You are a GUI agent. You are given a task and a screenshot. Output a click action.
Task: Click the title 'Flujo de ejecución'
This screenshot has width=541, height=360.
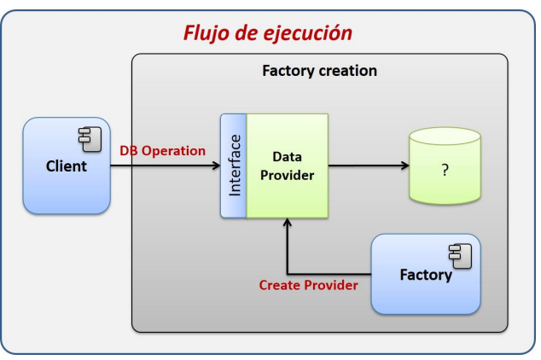268,33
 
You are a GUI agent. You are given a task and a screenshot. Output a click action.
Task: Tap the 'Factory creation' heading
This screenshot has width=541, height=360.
319,71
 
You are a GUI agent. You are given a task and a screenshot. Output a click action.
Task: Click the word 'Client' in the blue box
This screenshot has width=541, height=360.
67,166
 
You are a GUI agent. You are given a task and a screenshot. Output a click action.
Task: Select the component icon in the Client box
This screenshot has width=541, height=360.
90,139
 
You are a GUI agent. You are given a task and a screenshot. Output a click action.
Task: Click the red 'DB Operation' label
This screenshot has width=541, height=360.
162,151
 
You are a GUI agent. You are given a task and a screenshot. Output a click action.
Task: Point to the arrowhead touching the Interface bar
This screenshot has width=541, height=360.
217,165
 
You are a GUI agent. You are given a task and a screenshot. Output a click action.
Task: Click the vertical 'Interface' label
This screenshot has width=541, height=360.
235,165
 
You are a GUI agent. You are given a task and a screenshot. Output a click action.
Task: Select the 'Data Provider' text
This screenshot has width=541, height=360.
287,165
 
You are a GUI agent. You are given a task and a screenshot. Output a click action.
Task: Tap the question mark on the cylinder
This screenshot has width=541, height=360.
445,170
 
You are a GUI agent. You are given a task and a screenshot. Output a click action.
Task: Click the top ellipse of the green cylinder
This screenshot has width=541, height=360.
445,136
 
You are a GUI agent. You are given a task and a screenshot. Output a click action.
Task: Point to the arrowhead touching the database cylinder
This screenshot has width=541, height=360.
405,165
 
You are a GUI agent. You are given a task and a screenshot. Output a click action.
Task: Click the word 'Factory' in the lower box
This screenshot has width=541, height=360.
426,275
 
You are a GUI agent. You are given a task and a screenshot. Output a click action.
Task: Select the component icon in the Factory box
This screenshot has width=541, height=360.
460,256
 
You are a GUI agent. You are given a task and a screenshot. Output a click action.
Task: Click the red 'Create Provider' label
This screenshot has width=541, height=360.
308,285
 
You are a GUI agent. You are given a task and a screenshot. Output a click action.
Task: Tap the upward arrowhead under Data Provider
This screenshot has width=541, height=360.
287,222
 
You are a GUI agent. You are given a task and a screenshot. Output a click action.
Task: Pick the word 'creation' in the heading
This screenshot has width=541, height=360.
348,71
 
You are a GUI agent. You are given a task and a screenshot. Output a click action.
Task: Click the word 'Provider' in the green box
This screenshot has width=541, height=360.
287,175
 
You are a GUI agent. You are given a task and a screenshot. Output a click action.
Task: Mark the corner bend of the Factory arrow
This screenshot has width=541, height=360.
287,274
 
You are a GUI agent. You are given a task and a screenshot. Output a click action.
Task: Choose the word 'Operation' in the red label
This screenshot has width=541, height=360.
173,151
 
